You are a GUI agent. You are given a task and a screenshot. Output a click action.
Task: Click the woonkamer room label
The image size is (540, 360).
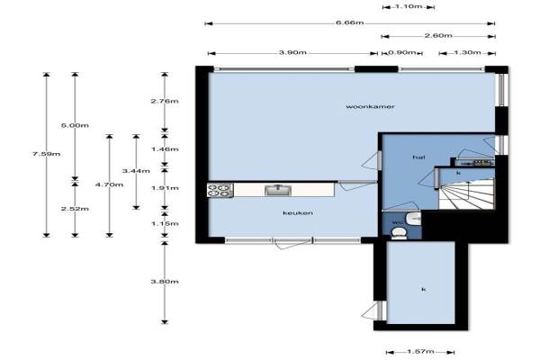pos(370,107)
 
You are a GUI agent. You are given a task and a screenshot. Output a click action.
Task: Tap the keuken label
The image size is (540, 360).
pos(298,213)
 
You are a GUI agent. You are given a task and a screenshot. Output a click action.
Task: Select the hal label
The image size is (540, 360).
pos(418,157)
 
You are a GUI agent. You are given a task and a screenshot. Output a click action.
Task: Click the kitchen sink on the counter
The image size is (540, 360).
pos(278,190)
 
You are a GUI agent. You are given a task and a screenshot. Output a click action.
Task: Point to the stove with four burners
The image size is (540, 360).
pos(220,190)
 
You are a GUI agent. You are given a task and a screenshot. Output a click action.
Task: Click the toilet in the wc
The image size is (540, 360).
pos(400,234)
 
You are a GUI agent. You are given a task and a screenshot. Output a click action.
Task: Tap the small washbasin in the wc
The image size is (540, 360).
pos(413,219)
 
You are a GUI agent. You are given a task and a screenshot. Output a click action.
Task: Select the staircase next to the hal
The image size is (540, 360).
pos(466,194)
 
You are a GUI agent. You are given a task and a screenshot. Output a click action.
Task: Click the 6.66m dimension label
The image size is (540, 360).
pos(349,22)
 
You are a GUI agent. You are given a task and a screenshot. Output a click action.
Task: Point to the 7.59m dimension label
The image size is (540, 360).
pos(47,154)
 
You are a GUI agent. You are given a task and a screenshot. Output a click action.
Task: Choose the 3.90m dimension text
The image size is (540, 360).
pos(292,52)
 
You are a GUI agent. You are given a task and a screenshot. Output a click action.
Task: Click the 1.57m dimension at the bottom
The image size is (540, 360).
pos(420,351)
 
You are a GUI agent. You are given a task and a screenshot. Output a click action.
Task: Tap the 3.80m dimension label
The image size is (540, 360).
pos(165,282)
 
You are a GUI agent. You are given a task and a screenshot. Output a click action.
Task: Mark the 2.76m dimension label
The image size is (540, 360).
pos(165,102)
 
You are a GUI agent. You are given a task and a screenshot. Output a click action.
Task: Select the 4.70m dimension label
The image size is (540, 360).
pos(109,184)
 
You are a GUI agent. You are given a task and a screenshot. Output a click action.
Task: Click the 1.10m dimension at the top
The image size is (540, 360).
pos(409,6)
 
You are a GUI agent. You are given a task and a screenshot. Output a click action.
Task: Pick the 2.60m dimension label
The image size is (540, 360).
pos(438,35)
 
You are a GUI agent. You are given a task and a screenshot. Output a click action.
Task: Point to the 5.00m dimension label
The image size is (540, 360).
pos(75,125)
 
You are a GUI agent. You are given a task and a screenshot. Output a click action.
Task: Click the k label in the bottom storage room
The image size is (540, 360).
pos(424,290)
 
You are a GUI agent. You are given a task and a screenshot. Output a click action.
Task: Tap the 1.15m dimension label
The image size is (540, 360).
pos(165,224)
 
